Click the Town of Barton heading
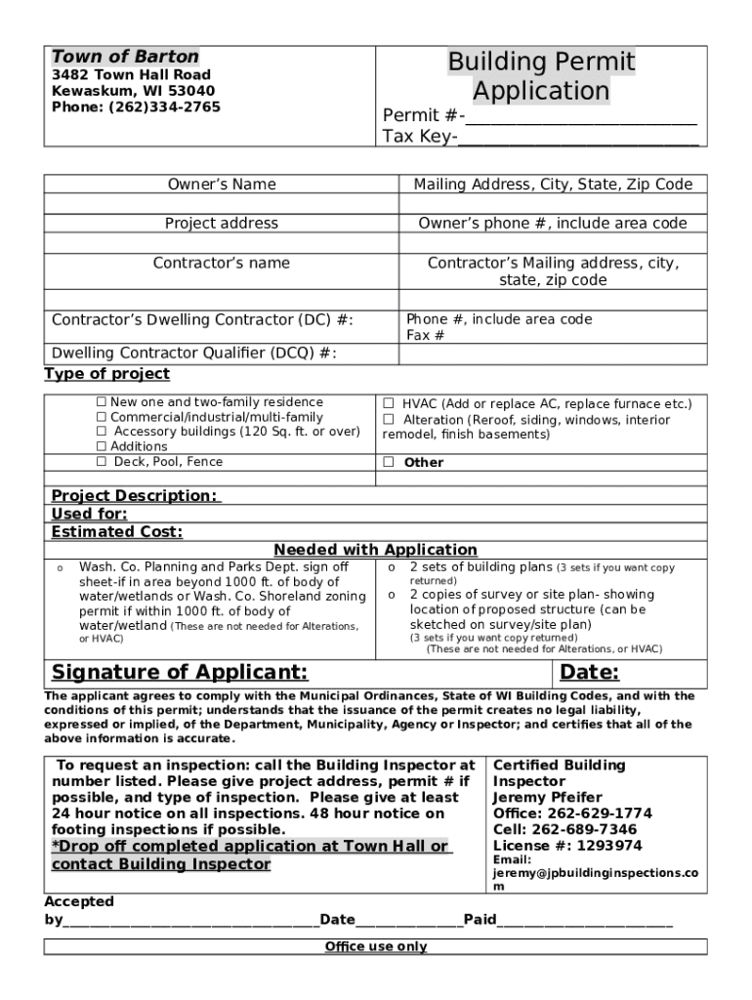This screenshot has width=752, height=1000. pyautogui.click(x=125, y=57)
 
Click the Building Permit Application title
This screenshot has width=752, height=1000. pyautogui.click(x=541, y=77)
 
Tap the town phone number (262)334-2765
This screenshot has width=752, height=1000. pyautogui.click(x=164, y=107)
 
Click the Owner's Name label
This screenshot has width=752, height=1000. pyautogui.click(x=222, y=185)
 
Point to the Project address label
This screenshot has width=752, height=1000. pyautogui.click(x=222, y=224)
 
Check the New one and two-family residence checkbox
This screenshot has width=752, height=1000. pyautogui.click(x=101, y=402)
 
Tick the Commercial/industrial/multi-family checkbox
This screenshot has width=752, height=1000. pyautogui.click(x=101, y=417)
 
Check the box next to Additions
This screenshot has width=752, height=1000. pyautogui.click(x=101, y=446)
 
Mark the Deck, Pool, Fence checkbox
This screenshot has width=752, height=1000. pyautogui.click(x=101, y=462)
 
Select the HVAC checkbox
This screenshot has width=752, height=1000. pyautogui.click(x=388, y=403)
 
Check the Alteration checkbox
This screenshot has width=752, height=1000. pyautogui.click(x=388, y=420)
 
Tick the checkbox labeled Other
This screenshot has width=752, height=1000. pyautogui.click(x=388, y=463)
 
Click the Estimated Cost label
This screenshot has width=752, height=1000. pyautogui.click(x=117, y=532)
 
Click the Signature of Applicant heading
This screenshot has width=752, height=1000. pyautogui.click(x=180, y=673)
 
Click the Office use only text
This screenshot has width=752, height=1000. pyautogui.click(x=376, y=946)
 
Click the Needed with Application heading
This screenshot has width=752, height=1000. pyautogui.click(x=376, y=550)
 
